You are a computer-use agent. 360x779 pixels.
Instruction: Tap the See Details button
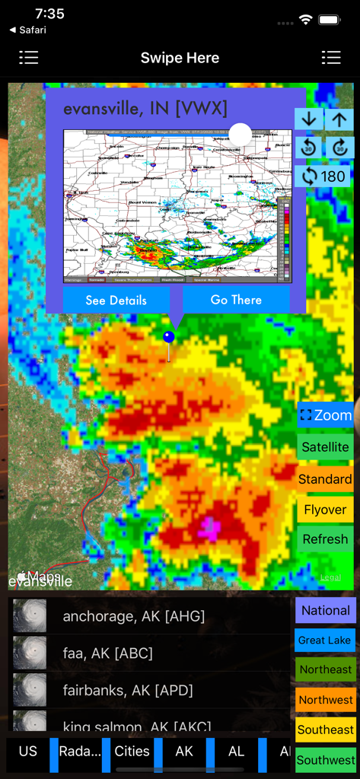[x=116, y=300]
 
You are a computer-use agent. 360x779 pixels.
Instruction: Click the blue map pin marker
[x=169, y=337]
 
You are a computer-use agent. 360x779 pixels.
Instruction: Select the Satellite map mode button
[x=325, y=447]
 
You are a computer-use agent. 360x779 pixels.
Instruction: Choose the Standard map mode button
[x=325, y=479]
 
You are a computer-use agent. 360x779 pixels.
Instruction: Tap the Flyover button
[x=325, y=510]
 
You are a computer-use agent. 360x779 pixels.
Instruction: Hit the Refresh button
[x=325, y=539]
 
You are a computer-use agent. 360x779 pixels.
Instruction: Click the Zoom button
[x=325, y=415]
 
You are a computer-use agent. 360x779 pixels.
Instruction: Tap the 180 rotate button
[x=324, y=176]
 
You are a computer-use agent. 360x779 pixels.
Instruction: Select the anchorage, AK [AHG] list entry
[x=134, y=616]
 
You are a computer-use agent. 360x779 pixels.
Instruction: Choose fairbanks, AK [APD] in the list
[x=128, y=690]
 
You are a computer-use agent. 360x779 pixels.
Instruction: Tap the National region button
[x=326, y=610]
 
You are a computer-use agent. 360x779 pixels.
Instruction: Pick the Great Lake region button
[x=325, y=641]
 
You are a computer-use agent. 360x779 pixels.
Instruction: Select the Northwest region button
[x=326, y=700]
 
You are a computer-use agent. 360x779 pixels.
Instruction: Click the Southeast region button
[x=326, y=730]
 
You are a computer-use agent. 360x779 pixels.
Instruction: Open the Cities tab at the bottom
[x=132, y=752]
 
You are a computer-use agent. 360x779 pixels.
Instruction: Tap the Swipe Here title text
[x=180, y=58]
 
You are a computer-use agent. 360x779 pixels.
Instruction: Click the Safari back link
[x=28, y=30]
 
